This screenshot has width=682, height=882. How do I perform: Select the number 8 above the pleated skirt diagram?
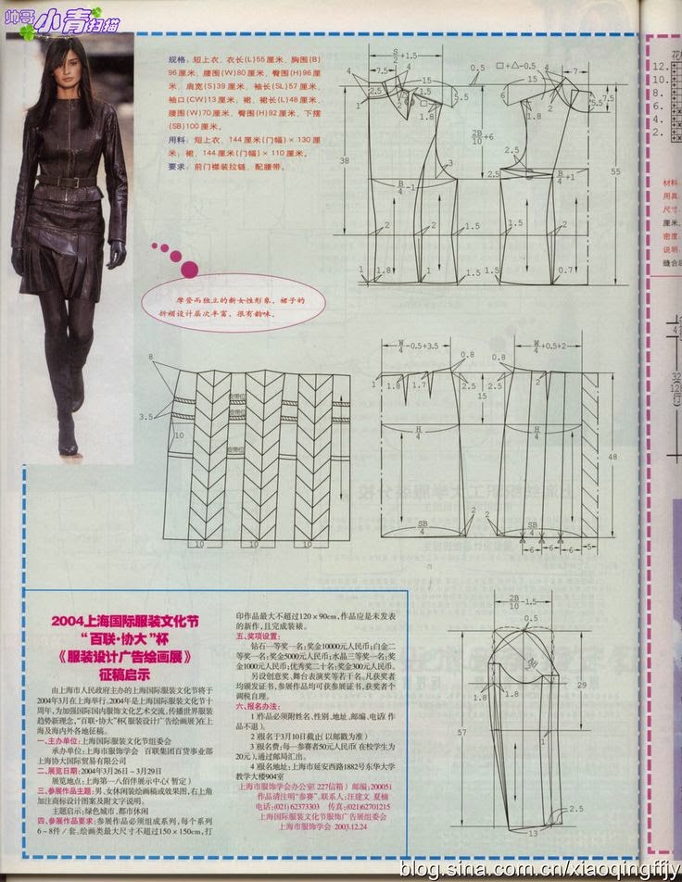150,358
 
